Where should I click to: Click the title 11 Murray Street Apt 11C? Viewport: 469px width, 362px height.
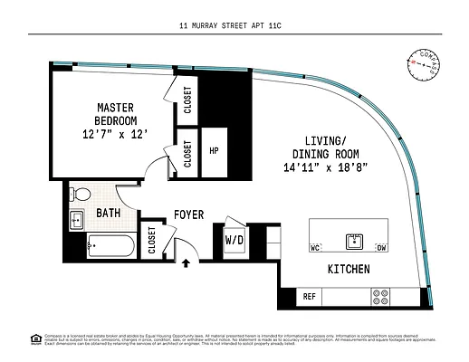tap(234, 27)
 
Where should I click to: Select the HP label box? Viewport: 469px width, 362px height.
tap(215, 152)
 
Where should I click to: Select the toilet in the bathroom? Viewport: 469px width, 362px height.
tap(81, 193)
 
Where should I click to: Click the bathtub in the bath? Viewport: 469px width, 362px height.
tap(106, 245)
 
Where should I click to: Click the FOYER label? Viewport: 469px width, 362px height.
tap(188, 214)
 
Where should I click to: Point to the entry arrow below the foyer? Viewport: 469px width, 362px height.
tap(186, 264)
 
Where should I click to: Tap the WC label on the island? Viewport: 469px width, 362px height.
tap(317, 247)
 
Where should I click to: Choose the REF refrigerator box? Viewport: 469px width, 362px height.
tap(309, 296)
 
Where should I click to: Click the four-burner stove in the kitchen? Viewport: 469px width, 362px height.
tap(382, 296)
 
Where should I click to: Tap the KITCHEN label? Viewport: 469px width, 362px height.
tap(349, 271)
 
